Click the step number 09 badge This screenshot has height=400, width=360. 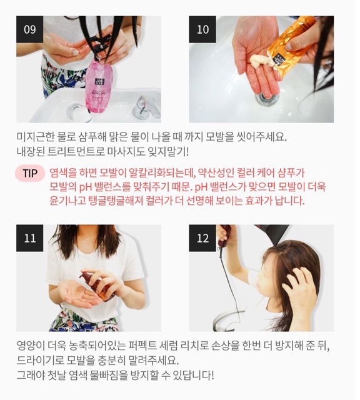tap(29, 29)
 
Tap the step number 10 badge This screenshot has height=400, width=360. tap(202, 29)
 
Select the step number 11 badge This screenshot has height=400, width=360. tap(29, 238)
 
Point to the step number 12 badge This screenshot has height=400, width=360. tap(202, 238)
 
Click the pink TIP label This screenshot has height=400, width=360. tap(30, 173)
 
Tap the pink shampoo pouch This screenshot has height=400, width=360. tap(98, 86)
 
